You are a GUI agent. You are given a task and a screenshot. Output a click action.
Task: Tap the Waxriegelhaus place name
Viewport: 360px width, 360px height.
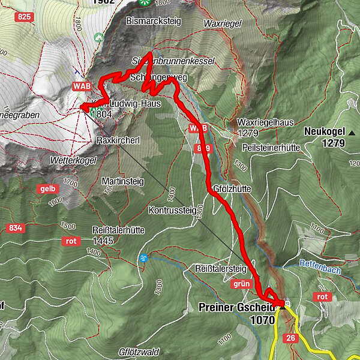(259, 121)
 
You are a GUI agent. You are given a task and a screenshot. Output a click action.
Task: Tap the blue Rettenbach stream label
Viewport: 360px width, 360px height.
(320, 271)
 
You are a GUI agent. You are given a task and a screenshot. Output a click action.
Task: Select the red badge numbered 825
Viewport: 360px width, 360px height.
(24, 16)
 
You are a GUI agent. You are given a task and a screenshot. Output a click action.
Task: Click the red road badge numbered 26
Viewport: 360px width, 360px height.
(291, 337)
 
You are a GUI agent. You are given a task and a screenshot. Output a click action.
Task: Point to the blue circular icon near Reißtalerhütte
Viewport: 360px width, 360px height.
(143, 258)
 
